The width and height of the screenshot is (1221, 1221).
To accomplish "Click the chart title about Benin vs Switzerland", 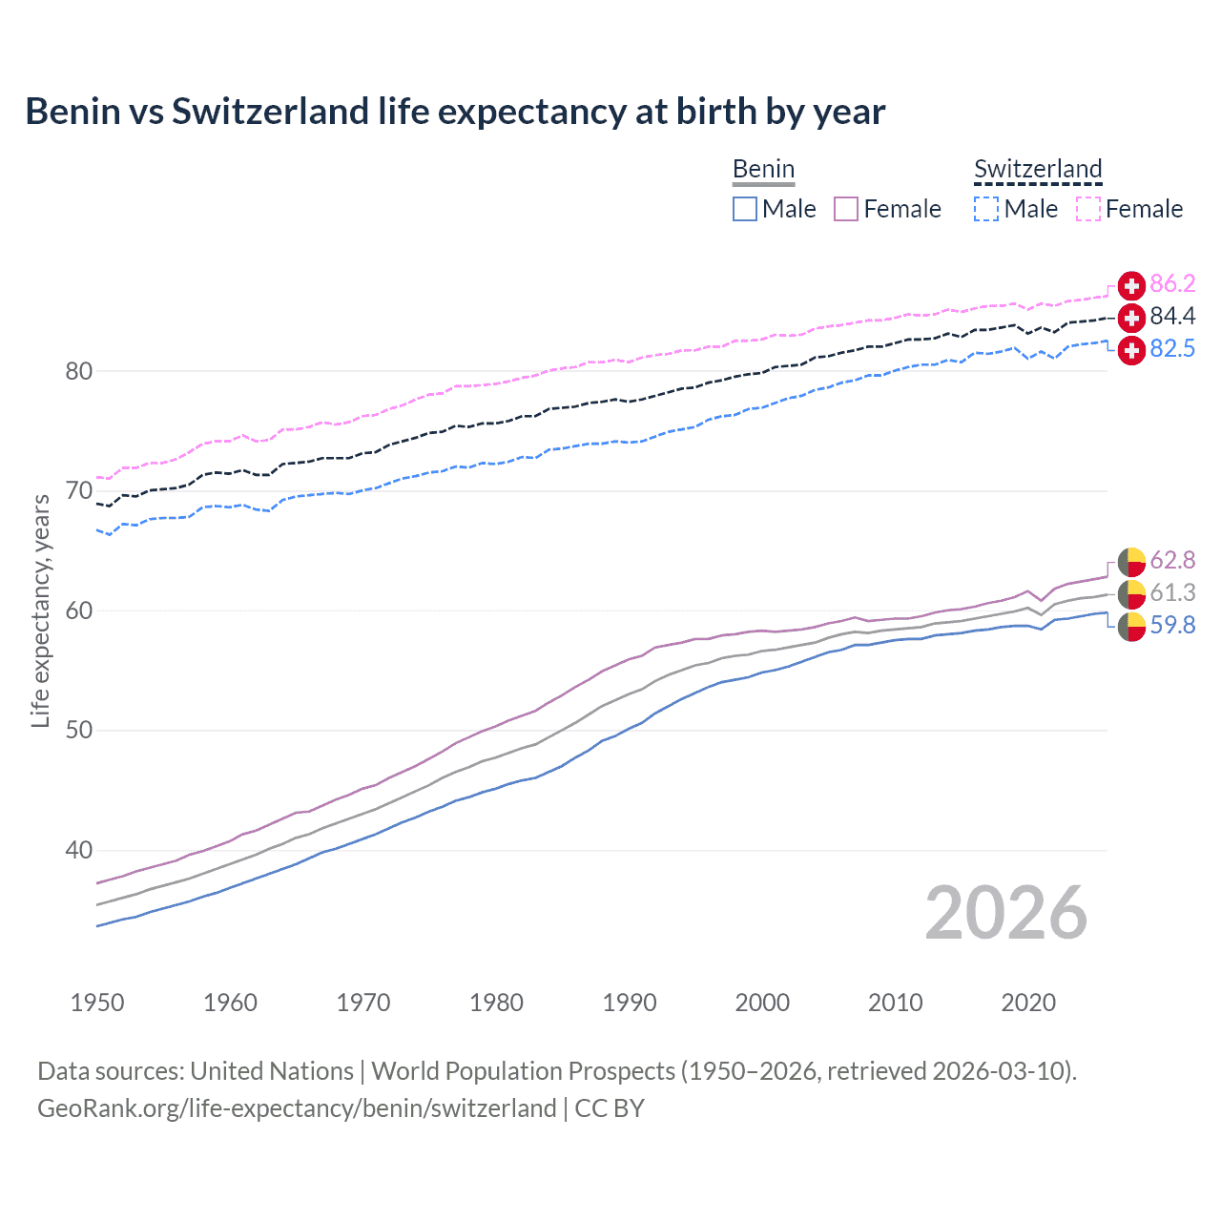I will (455, 112).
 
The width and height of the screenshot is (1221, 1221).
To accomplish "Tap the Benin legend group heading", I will (763, 170).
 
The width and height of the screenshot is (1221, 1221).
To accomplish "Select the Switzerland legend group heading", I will (1038, 170).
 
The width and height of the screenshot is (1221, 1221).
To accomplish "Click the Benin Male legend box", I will (745, 209).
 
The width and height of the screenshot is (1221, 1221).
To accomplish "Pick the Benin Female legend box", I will (846, 209).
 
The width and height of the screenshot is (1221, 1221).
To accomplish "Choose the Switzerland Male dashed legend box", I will (986, 209).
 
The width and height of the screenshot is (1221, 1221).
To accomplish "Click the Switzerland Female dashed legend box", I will (1088, 209).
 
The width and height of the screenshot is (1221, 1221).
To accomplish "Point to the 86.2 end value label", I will (1172, 283).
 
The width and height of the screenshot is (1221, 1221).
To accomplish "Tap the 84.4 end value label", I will (1172, 316).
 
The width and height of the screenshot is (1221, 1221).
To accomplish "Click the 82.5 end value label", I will (1172, 348).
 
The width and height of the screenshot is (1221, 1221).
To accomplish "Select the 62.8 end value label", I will (1172, 560).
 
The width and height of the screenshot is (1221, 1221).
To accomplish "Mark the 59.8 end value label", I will (1172, 625).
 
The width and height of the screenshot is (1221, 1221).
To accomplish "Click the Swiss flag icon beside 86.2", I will (1131, 285).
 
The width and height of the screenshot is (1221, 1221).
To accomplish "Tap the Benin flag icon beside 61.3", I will (1131, 593).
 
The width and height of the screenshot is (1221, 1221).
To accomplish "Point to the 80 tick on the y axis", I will (78, 371).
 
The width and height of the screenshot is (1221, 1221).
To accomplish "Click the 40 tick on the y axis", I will (78, 850).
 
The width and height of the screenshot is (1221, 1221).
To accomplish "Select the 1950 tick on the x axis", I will (97, 1003).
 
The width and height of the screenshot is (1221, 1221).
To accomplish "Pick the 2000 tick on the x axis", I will (762, 1003).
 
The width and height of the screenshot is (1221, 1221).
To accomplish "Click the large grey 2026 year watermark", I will (1005, 913).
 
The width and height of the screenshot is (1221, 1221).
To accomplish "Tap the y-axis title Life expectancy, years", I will (40, 610).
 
